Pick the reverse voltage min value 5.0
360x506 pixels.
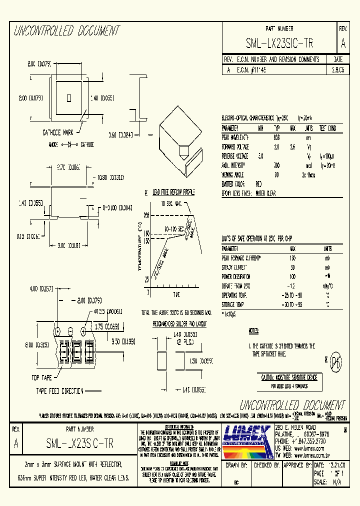[260, 156]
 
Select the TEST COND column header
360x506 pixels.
[328, 128]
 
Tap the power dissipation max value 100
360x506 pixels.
[292, 277]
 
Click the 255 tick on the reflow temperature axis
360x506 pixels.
[146, 215]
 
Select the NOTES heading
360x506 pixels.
[253, 331]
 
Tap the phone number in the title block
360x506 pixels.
[299, 441]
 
